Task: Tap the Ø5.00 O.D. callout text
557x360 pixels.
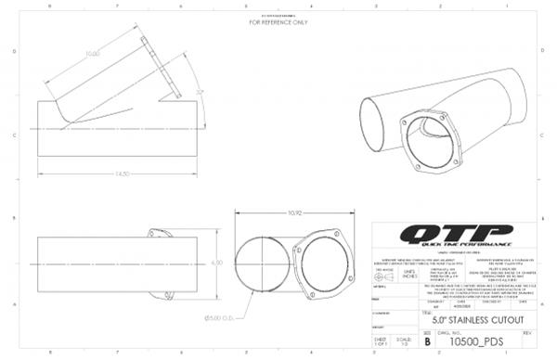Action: click(250, 318)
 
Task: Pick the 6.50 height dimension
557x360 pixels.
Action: click(219, 263)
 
